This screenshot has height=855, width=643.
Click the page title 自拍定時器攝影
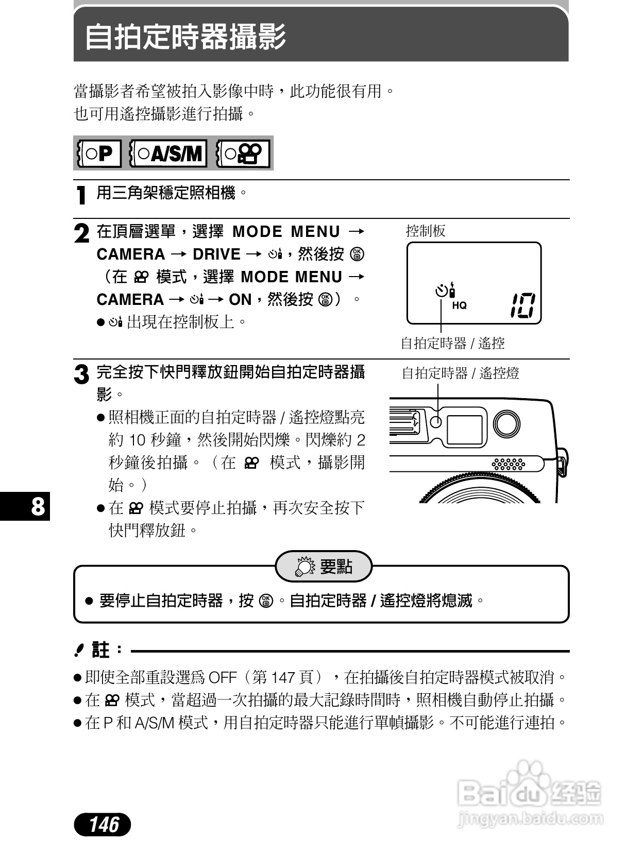click(185, 37)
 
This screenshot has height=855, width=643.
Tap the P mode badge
click(99, 153)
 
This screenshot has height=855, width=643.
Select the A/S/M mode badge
click(168, 153)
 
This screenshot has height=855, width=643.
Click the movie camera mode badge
click(244, 153)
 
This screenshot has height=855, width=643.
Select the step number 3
click(81, 374)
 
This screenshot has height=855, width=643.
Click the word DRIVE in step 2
click(216, 254)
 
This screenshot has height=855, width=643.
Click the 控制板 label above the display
click(426, 231)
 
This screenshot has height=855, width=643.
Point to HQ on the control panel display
click(459, 305)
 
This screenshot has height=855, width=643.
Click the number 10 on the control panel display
click(522, 305)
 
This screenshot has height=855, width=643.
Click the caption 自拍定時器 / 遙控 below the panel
click(452, 343)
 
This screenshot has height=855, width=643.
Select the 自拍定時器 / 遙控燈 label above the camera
click(460, 373)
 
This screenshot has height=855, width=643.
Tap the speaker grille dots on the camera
click(509, 464)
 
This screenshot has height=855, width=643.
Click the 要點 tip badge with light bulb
click(324, 567)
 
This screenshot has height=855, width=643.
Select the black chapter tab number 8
click(37, 506)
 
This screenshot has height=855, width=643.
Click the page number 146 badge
click(103, 825)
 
